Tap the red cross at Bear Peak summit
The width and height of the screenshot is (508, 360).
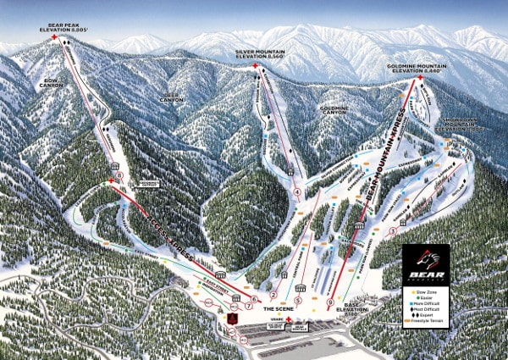click(x=55, y=38)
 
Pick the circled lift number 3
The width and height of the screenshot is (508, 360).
click(x=391, y=230)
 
